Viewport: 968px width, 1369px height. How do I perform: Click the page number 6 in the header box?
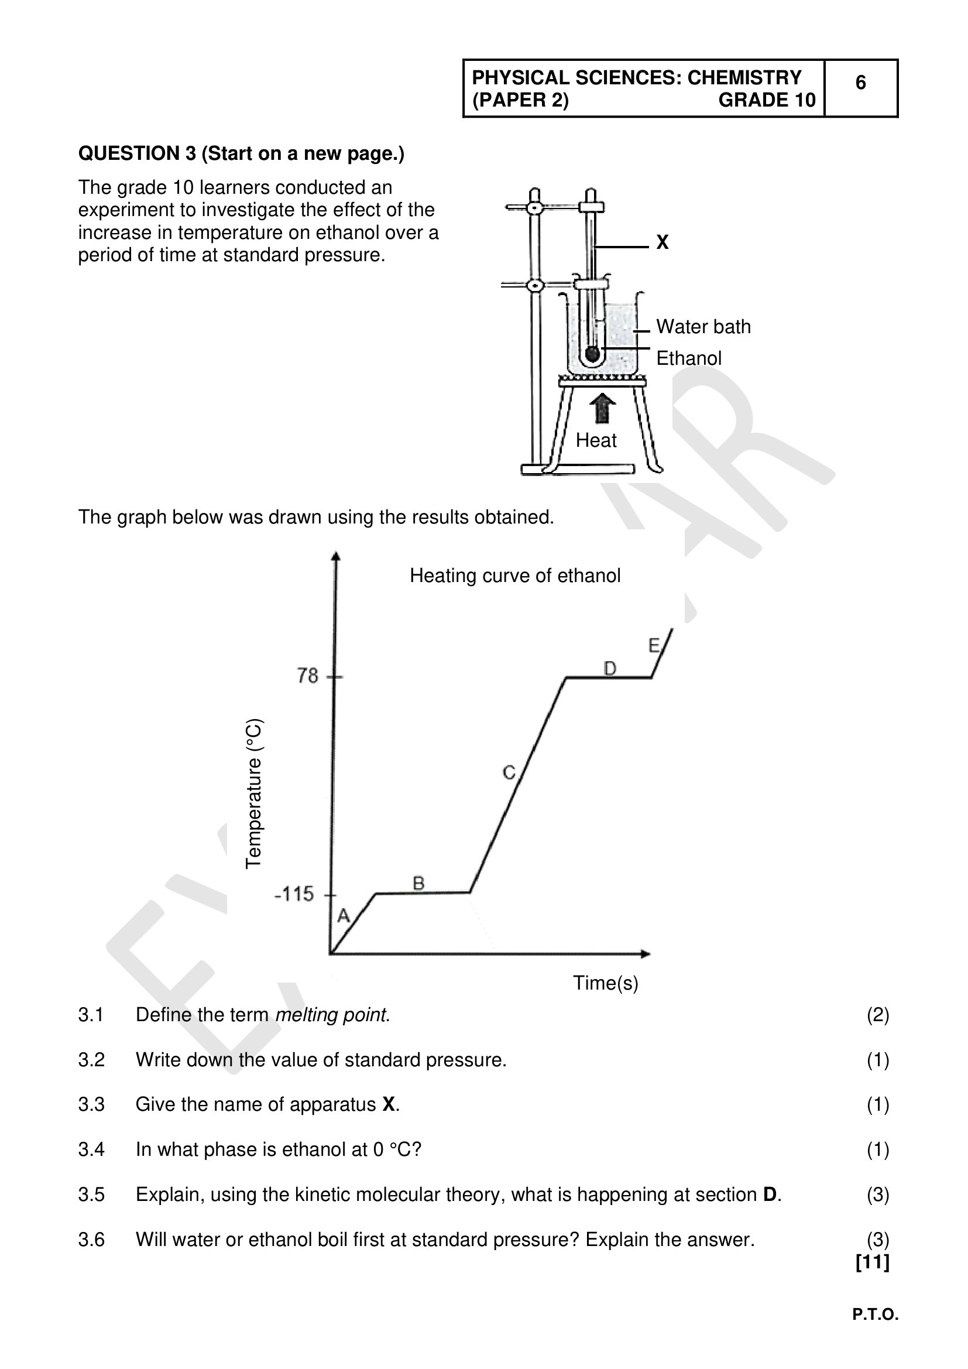(x=860, y=83)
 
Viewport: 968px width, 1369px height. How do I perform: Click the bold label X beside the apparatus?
(x=663, y=242)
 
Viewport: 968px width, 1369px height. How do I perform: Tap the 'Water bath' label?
(x=703, y=327)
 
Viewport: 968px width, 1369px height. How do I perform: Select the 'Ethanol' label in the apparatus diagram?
(x=688, y=358)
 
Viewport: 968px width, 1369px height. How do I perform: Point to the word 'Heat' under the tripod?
(x=596, y=441)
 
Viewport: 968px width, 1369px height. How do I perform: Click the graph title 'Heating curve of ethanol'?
(x=515, y=576)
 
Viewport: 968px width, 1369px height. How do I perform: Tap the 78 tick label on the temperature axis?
(x=308, y=676)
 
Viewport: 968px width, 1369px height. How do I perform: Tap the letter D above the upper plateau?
(x=610, y=669)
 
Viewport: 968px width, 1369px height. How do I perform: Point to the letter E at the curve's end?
(x=654, y=645)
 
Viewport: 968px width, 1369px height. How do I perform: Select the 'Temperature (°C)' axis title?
(x=254, y=793)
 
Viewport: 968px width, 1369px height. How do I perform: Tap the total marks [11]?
(x=872, y=1262)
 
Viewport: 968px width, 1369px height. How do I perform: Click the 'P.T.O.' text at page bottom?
(x=875, y=1315)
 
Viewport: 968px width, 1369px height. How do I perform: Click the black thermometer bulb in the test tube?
(x=592, y=354)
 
